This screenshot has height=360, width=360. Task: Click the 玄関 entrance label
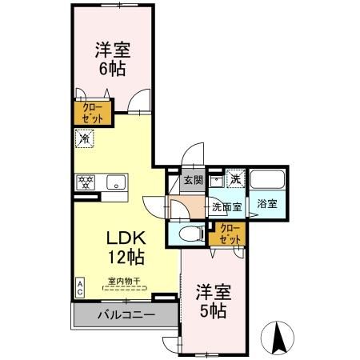click(193, 181)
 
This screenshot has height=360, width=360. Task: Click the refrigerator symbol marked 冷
click(85, 138)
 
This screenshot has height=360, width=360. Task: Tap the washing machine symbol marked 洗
click(235, 178)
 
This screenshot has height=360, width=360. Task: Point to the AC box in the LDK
click(80, 286)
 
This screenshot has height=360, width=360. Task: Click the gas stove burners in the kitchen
click(85, 182)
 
